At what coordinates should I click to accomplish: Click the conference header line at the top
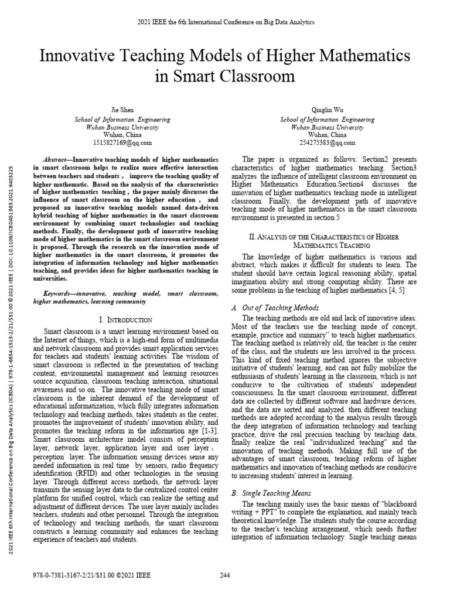point(225,22)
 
